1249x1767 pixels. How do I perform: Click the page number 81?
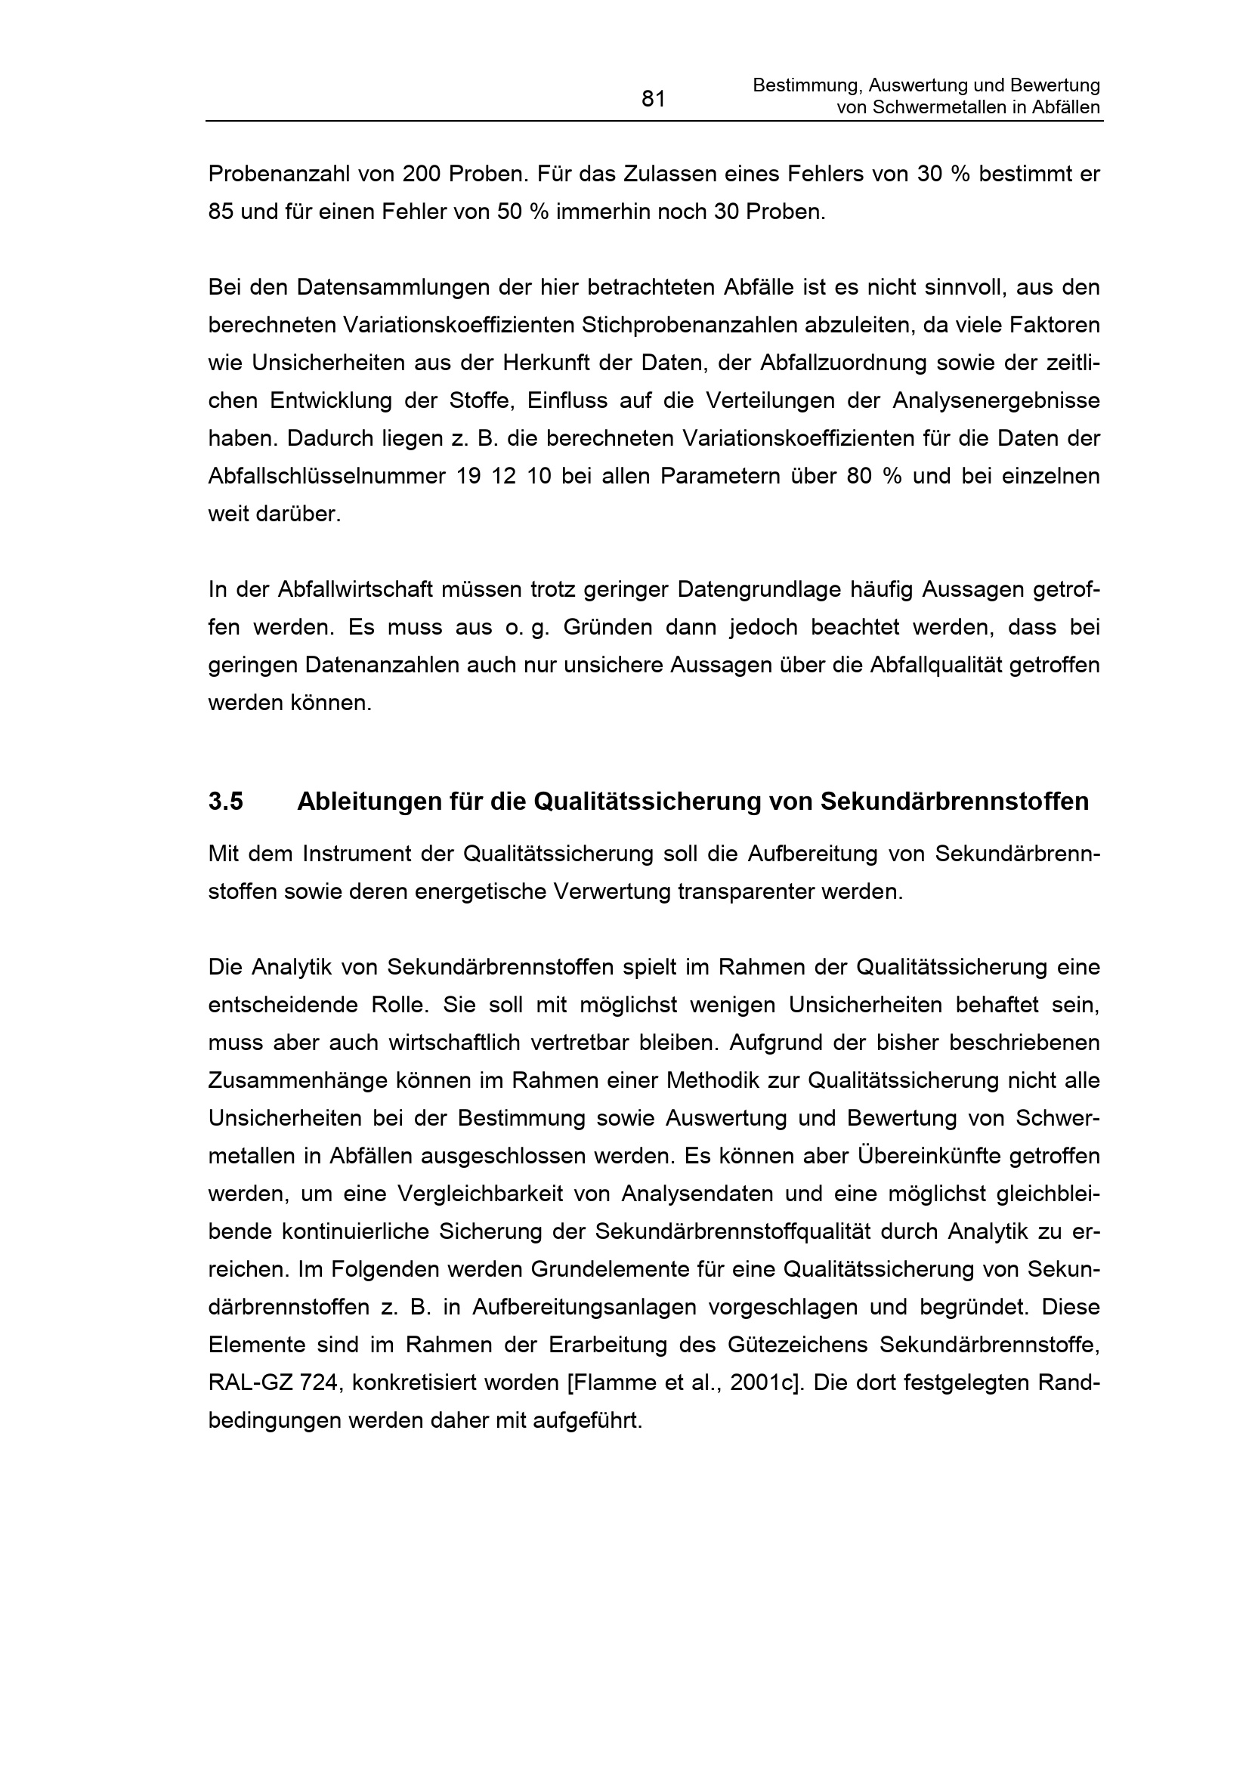tap(653, 99)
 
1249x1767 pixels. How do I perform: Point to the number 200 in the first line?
tap(422, 174)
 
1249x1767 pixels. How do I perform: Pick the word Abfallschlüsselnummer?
tap(326, 477)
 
